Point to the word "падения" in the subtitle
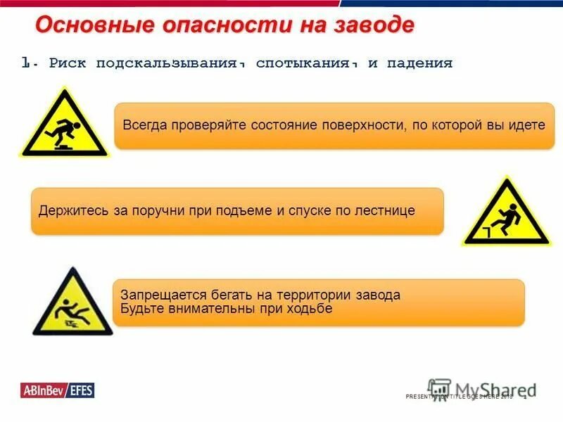pyautogui.click(x=419, y=63)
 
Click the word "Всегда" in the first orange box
pyautogui.click(x=144, y=125)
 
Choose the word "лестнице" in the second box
pyautogui.click(x=386, y=210)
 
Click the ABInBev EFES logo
pyautogui.click(x=57, y=390)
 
